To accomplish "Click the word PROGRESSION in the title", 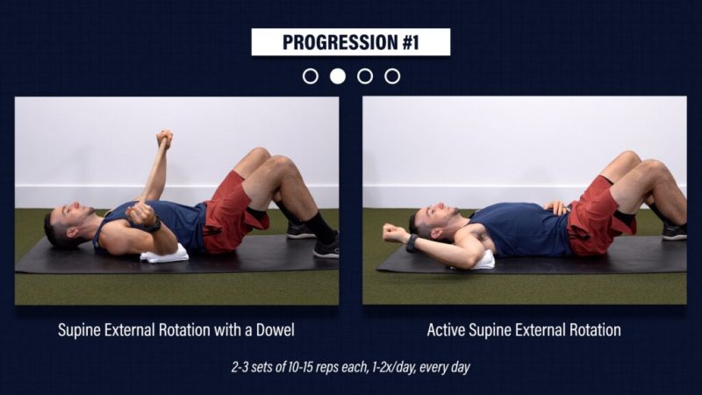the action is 340,42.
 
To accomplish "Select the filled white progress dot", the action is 338,76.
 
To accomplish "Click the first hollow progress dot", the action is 311,76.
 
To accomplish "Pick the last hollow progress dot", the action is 392,76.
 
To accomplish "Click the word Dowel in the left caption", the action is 275,330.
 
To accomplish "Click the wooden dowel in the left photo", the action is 153,172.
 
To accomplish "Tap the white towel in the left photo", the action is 164,254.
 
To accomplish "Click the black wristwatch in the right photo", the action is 412,243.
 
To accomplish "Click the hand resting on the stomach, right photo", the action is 556,207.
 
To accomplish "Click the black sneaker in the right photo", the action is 674,232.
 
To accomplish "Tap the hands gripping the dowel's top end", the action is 164,140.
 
